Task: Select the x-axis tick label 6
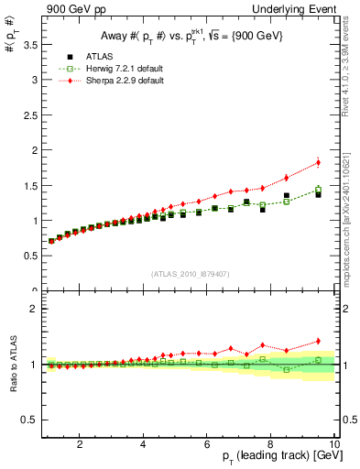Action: click(207, 444)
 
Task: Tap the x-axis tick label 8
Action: click(270, 444)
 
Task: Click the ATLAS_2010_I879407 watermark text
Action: click(189, 273)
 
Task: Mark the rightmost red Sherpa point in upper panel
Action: click(318, 163)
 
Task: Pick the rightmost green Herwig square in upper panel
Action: click(318, 190)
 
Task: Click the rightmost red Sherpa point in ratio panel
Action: click(318, 341)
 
